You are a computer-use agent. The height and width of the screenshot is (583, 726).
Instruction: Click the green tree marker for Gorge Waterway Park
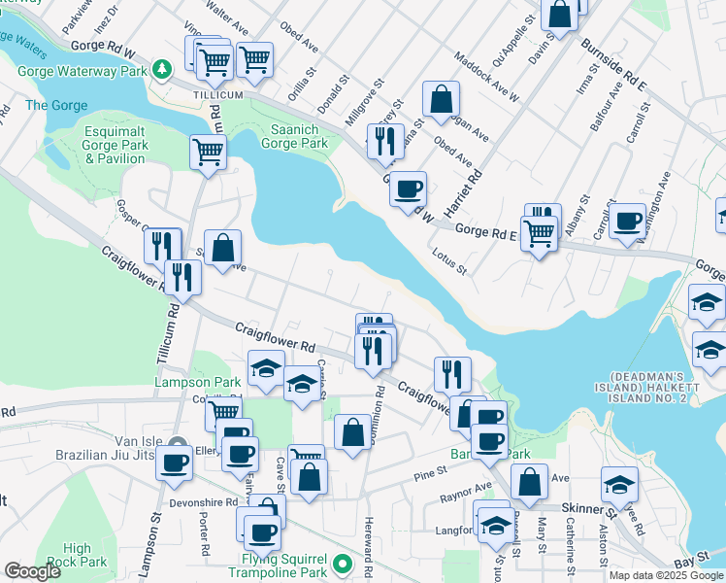tap(163, 71)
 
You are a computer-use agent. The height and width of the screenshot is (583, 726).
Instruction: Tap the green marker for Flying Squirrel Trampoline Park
tap(342, 564)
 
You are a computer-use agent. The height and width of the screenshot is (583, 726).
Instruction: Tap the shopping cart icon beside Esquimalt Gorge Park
tap(209, 153)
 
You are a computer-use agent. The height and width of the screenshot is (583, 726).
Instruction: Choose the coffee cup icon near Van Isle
tap(175, 463)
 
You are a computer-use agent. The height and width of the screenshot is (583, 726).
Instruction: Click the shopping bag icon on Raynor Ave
tap(529, 481)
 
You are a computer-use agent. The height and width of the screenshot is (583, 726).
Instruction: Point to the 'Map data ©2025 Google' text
tap(665, 575)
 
